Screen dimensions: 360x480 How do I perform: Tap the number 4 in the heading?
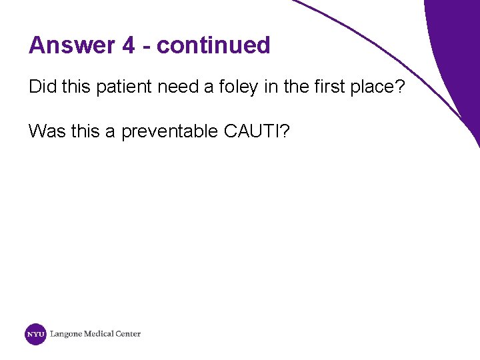[x=129, y=45]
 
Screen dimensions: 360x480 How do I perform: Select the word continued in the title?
[x=213, y=45]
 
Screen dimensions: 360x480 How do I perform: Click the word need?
[x=177, y=87]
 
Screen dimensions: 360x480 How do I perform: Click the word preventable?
[x=170, y=131]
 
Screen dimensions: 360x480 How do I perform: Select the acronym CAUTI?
[x=251, y=131]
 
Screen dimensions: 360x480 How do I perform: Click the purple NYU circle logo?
[x=35, y=334]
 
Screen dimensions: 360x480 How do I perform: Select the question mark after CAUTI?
[x=285, y=131]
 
